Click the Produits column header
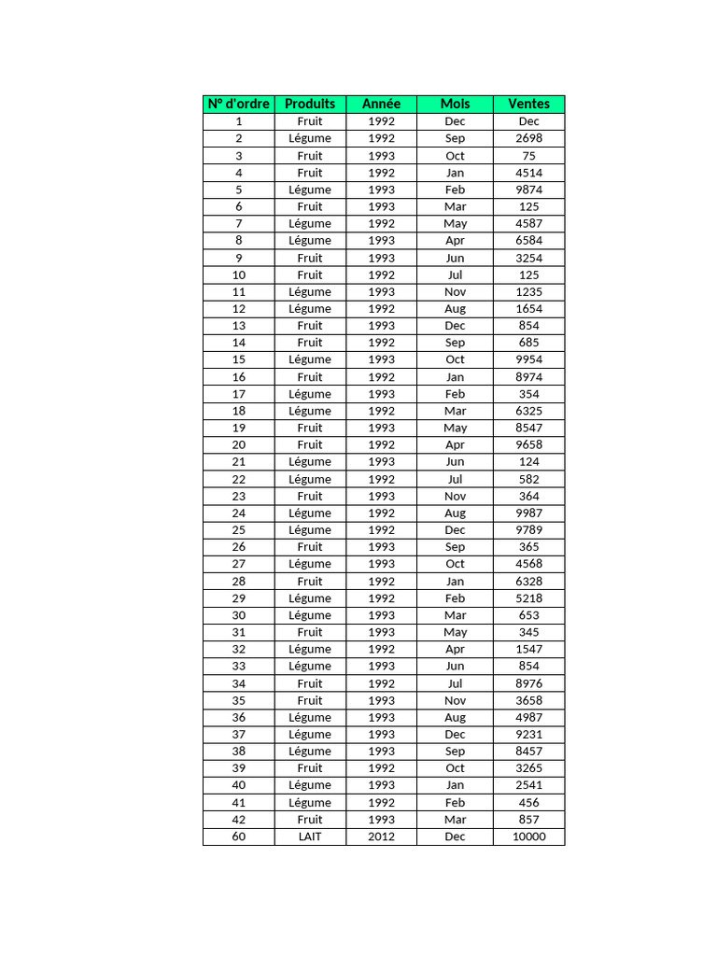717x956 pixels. click(310, 104)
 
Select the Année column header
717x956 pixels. click(381, 104)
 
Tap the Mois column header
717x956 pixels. click(455, 104)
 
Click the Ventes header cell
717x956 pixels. click(528, 104)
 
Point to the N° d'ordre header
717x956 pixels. click(238, 104)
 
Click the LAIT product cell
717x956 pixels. click(310, 836)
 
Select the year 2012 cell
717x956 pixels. click(381, 836)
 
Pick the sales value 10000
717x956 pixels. click(528, 836)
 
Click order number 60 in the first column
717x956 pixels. click(238, 836)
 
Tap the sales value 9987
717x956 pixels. click(528, 513)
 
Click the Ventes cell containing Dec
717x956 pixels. click(528, 121)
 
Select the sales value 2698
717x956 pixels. click(528, 138)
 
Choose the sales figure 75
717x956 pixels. click(528, 156)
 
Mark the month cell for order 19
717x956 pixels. click(455, 428)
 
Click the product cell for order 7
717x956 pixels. click(310, 223)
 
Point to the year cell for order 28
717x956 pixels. click(381, 581)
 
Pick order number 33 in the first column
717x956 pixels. click(238, 666)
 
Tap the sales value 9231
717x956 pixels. click(528, 734)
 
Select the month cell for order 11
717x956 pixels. click(455, 291)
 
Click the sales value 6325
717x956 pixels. click(528, 411)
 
